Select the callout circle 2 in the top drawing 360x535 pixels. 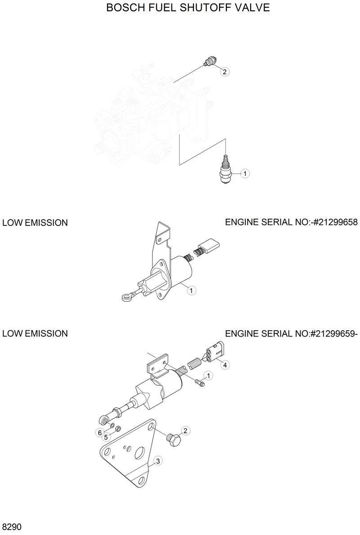coord(224,71)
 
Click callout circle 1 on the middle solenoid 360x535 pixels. coord(191,291)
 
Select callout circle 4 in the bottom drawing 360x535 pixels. coord(224,364)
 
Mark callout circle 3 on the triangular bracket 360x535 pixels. coord(157,460)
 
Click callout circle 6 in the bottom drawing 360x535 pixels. coord(99,433)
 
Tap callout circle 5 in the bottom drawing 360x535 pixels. coord(106,436)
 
